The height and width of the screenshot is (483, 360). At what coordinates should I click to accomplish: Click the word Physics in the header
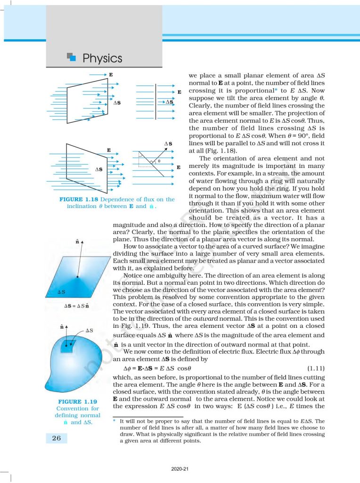[x=102, y=58]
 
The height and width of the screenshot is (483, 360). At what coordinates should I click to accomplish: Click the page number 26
[x=56, y=438]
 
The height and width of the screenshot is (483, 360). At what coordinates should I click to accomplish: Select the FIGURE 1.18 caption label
[x=78, y=200]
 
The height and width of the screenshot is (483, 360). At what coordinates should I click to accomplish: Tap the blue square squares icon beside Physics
[x=72, y=58]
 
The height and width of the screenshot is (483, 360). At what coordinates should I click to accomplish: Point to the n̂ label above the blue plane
[x=76, y=241]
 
